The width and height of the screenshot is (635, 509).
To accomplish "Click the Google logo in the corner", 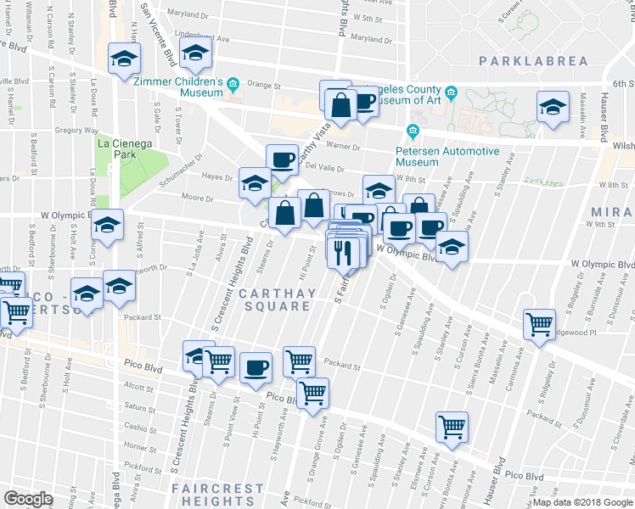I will [x=27, y=499].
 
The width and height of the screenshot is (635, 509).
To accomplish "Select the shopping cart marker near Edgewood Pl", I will [x=540, y=324].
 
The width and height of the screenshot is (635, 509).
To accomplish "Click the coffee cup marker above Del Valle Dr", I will [x=282, y=159].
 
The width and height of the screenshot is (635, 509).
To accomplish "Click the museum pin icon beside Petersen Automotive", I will [x=413, y=131].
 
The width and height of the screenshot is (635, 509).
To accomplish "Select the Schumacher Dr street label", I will [x=186, y=157].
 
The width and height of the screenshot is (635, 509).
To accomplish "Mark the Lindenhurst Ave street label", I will [x=204, y=38].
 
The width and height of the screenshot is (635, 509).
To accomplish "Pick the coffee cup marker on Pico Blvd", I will [x=256, y=368].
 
